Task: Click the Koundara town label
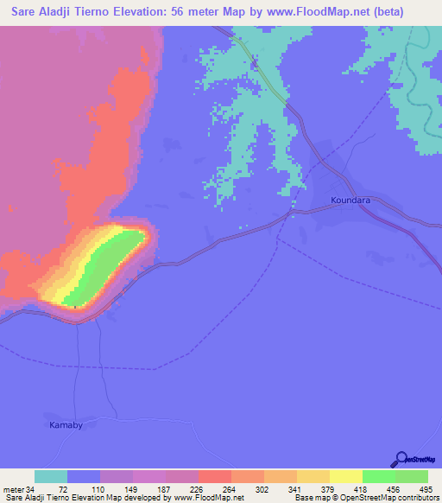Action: pos(350,201)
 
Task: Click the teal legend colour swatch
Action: pos(51,476)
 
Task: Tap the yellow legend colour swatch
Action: pos(345,476)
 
